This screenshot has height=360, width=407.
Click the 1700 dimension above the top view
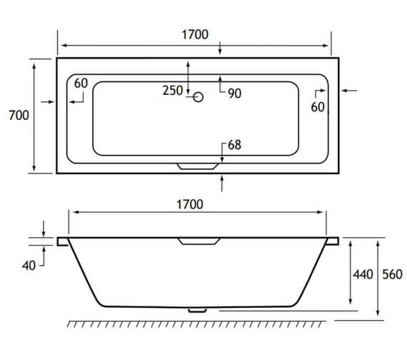pos(194,34)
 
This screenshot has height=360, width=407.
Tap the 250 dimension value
pos(173,91)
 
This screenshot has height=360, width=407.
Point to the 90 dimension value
pos(234,93)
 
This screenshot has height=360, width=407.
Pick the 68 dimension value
pos(234,145)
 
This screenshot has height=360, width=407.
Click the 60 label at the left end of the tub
pos(80,84)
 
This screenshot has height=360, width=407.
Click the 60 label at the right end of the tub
pos(318,106)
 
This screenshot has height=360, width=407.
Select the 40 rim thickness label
pos(29,265)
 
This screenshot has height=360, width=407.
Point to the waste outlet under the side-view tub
pos(195,311)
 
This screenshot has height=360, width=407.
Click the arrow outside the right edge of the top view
pos(351,91)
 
